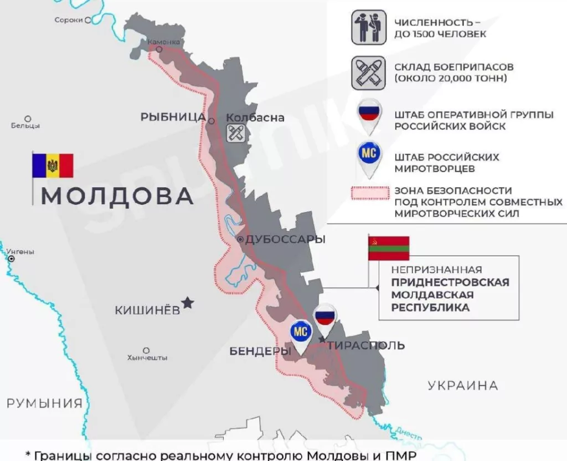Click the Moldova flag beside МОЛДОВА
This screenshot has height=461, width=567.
(x=53, y=166)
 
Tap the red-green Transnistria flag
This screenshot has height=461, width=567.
(x=389, y=248)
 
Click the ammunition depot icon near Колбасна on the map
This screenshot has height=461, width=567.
(x=235, y=133)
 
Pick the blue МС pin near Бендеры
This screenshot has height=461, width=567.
(x=300, y=332)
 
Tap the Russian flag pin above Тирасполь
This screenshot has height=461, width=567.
(x=325, y=317)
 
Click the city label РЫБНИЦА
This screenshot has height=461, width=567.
(x=173, y=117)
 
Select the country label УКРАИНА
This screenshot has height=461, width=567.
(x=463, y=385)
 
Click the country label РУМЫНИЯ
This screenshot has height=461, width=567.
(x=44, y=403)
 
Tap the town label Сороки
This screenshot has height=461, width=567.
(x=69, y=20)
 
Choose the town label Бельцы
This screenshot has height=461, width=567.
(x=25, y=126)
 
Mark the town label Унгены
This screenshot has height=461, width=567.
(x=20, y=252)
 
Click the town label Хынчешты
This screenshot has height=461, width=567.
(x=147, y=358)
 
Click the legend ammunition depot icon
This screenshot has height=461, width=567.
(x=368, y=73)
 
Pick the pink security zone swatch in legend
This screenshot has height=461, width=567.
(x=370, y=193)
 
